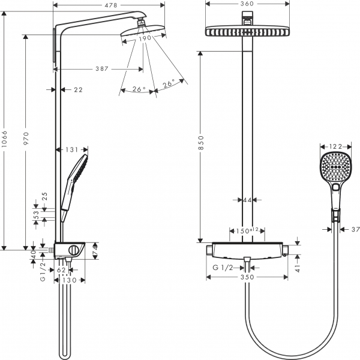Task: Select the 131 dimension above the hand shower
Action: pos(72,149)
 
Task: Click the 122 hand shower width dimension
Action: pos(336,146)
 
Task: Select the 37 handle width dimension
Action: pos(354,229)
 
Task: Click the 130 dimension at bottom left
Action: pos(70,280)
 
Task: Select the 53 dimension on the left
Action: pos(36,213)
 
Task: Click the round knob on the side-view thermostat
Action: pos(73,250)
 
